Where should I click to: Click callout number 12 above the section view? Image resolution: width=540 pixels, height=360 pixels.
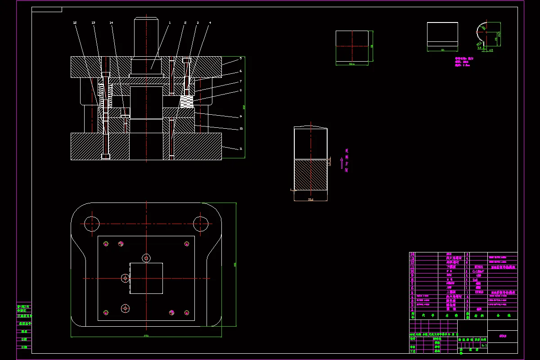(75, 22)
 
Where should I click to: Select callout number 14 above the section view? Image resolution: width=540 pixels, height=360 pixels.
(111, 22)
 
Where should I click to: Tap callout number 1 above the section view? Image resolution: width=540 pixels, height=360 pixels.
(170, 22)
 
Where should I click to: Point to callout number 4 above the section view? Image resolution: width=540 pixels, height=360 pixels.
(210, 22)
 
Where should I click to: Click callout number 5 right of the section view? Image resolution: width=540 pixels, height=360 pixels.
(241, 58)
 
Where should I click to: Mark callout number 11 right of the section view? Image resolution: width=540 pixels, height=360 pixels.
(241, 148)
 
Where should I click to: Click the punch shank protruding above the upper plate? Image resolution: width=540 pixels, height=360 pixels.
(146, 36)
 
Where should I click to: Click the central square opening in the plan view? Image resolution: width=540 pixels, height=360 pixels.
(146, 278)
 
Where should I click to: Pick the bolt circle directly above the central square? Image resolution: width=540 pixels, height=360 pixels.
(146, 258)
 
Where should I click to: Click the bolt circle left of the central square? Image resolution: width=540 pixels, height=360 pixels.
(125, 278)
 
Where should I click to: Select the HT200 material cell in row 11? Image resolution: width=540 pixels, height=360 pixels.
(478, 267)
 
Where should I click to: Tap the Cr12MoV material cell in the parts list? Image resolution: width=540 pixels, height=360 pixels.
(478, 271)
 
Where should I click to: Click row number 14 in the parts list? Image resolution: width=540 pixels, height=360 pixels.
(412, 254)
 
